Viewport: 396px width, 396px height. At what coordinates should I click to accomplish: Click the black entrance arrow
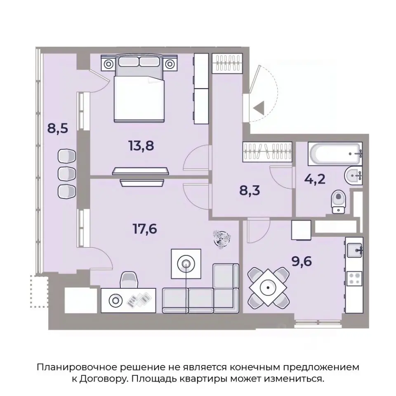click(259, 108)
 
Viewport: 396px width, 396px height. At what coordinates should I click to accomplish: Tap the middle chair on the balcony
click(67, 173)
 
